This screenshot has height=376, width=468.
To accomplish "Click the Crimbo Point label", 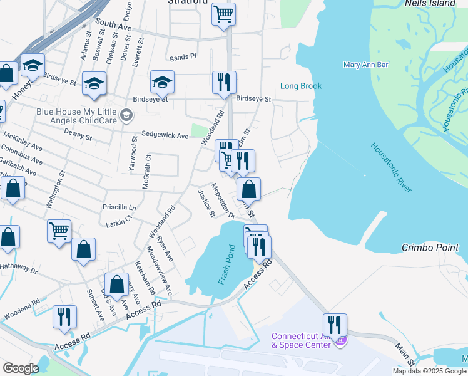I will [430, 248].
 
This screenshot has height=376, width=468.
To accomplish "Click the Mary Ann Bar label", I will [366, 65].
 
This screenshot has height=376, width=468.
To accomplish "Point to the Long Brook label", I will [301, 86].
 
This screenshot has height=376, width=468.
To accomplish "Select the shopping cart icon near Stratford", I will [223, 13].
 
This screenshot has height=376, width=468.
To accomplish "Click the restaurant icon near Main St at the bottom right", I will [335, 324].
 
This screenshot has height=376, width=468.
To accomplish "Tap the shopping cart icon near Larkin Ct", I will [59, 230].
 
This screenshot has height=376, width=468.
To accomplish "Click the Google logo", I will [21, 368].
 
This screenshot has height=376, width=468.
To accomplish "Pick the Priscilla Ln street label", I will [119, 206].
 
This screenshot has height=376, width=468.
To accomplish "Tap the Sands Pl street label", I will [183, 56].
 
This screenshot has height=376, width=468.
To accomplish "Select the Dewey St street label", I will [79, 133].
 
